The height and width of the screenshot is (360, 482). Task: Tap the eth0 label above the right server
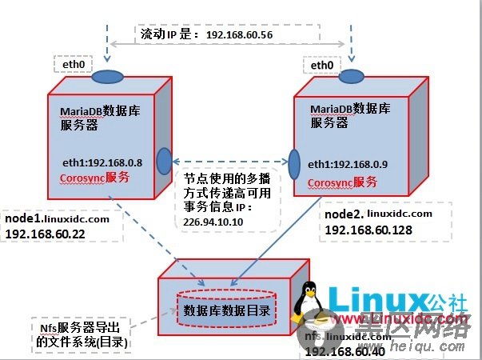(321, 64)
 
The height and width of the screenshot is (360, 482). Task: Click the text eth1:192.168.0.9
(349, 165)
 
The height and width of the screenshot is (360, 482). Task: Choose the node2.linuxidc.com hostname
(378, 214)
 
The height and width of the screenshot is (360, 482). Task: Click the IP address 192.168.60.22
(46, 236)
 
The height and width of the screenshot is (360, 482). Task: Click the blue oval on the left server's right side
(163, 158)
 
